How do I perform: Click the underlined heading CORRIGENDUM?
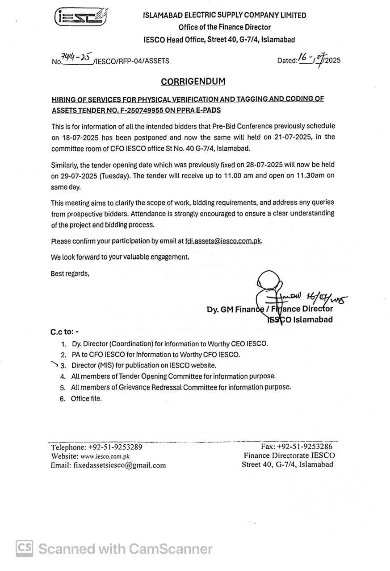[x=193, y=82]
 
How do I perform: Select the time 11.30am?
[x=305, y=175]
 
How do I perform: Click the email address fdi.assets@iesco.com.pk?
[x=223, y=241]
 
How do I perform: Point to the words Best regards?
[x=70, y=273]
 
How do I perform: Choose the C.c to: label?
[x=65, y=332]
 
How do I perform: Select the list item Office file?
[x=86, y=398]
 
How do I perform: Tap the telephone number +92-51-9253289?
[x=115, y=447]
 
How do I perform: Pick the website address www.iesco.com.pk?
[x=105, y=456]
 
